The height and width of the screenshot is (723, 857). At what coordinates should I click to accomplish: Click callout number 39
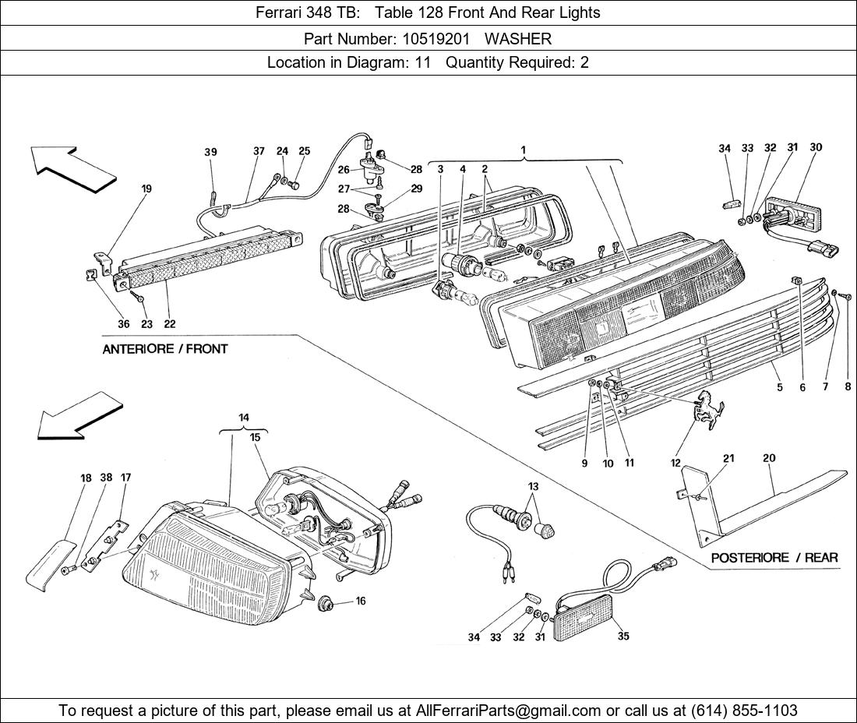tap(211, 153)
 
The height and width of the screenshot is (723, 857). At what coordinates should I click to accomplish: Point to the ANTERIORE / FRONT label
tap(165, 349)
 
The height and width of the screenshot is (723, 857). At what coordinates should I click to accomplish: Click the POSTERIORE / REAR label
tap(774, 558)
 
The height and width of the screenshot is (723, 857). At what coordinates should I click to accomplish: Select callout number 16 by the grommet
tap(361, 601)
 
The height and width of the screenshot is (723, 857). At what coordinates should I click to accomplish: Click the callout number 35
tap(622, 637)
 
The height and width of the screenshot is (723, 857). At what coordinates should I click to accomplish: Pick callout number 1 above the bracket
tap(524, 150)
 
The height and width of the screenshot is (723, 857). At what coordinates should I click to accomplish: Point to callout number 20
tap(769, 458)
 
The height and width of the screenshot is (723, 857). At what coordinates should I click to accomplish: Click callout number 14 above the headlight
tap(244, 418)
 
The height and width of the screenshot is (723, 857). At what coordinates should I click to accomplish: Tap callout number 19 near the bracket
tap(146, 189)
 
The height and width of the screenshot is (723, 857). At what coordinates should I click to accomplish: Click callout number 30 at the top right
tap(816, 147)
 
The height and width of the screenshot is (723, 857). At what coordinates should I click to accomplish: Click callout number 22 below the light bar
tap(169, 324)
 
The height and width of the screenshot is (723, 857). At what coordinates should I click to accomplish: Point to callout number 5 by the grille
tap(779, 387)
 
